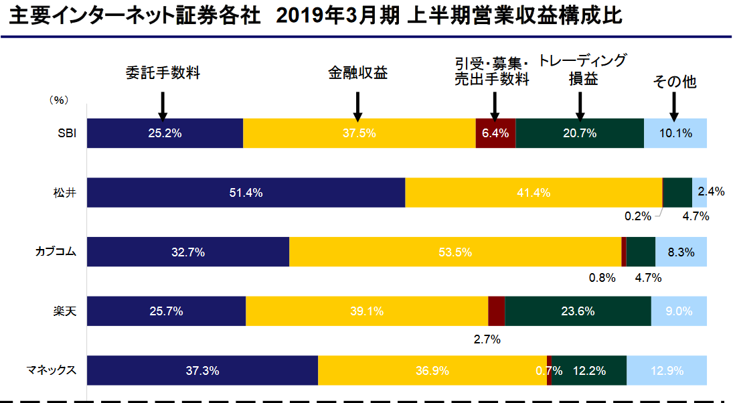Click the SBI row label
67,133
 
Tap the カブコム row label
56,252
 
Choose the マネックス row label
52,370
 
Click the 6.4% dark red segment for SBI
495,133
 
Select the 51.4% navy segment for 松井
246,193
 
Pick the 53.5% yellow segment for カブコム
455,252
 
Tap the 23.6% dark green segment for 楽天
578,311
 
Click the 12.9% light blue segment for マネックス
667,370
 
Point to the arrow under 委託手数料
163,104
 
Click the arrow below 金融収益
358,104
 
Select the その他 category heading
675,82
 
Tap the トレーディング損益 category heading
583,70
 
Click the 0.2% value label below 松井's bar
637,216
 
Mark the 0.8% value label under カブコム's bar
602,277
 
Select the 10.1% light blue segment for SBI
675,133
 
